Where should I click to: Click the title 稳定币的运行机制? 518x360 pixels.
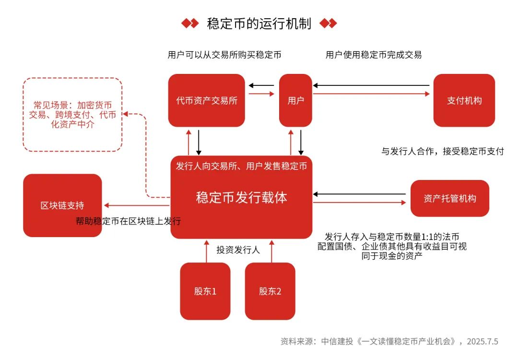pyautogui.click(x=259, y=24)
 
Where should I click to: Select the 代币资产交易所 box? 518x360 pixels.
pyautogui.click(x=206, y=100)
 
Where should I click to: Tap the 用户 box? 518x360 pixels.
pyautogui.click(x=295, y=100)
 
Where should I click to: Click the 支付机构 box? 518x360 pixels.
pyautogui.click(x=464, y=100)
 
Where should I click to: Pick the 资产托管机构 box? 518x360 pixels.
pyautogui.click(x=450, y=198)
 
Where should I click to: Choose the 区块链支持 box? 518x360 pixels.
pyautogui.click(x=62, y=205)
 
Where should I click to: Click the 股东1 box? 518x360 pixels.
pyautogui.click(x=205, y=291)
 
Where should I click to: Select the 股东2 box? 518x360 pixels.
pyautogui.click(x=270, y=291)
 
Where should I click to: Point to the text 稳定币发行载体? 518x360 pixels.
pyautogui.click(x=241, y=197)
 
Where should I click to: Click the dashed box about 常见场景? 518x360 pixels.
pyautogui.click(x=72, y=115)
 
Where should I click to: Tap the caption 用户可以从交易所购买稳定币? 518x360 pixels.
pyautogui.click(x=224, y=55)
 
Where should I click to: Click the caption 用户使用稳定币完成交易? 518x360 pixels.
pyautogui.click(x=374, y=55)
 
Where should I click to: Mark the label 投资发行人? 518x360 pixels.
pyautogui.click(x=238, y=250)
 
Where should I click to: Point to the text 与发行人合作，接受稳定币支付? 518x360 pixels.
pyautogui.click(x=443, y=152)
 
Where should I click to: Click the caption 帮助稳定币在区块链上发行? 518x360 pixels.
pyautogui.click(x=128, y=221)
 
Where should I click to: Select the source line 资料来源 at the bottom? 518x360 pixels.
pyautogui.click(x=389, y=341)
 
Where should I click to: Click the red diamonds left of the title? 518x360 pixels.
pyautogui.click(x=189, y=24)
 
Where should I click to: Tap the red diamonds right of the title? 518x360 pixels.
pyautogui.click(x=328, y=24)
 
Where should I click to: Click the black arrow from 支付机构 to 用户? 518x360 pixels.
pyautogui.click(x=372, y=86)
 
